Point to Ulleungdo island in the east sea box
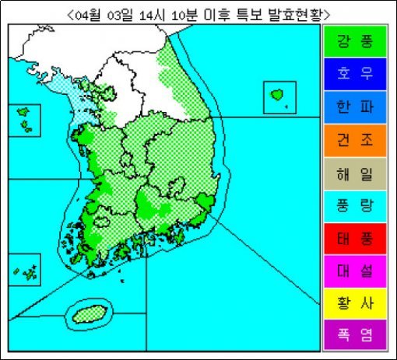point(277,95)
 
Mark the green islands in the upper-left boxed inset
point(25,119)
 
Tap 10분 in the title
point(184,14)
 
